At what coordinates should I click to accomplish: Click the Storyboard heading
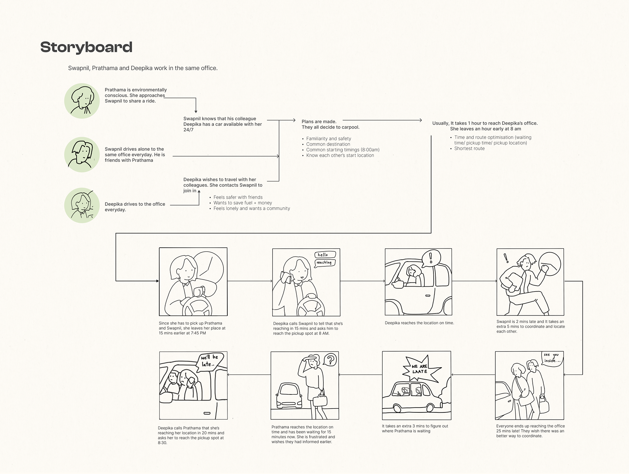[86, 47]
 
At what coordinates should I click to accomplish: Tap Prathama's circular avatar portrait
[82, 101]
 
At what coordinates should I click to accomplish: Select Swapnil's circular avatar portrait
[82, 154]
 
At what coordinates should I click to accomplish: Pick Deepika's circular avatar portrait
[82, 205]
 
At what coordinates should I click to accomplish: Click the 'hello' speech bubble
[325, 255]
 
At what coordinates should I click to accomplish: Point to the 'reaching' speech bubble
[324, 263]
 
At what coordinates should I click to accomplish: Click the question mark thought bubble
[330, 360]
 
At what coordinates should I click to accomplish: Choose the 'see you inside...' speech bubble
[552, 358]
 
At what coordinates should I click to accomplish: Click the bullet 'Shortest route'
[469, 148]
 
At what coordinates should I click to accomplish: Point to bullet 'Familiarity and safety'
[328, 139]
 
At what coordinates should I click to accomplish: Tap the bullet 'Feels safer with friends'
[238, 197]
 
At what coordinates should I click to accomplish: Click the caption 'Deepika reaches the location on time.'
[419, 323]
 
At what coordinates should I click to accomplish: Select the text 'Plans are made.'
[319, 122]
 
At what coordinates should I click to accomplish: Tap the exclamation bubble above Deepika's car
[430, 257]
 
